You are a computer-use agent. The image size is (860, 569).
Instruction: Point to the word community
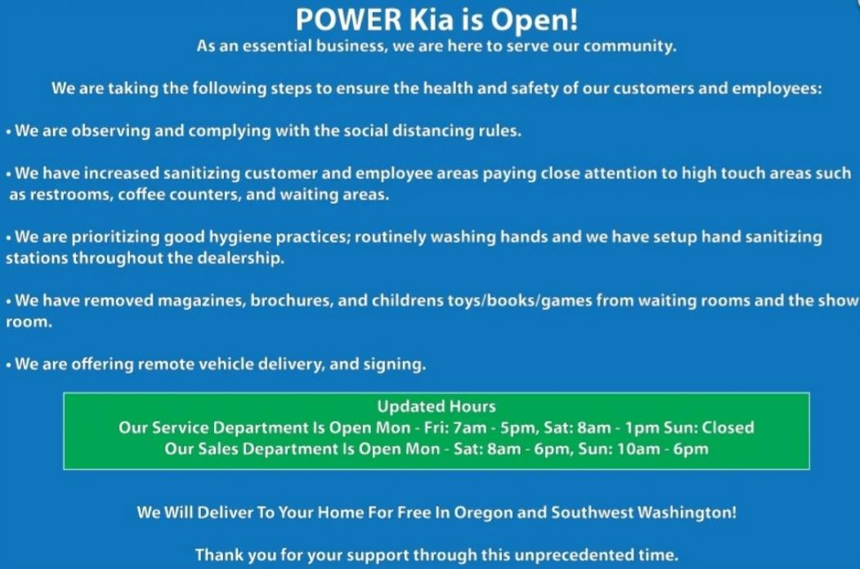pos(629,46)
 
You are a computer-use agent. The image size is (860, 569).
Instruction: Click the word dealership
pos(240,258)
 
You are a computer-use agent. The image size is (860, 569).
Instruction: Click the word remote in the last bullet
pos(163,364)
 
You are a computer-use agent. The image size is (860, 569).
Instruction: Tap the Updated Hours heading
pos(437,406)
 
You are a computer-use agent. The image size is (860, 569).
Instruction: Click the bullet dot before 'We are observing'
pos(9,132)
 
